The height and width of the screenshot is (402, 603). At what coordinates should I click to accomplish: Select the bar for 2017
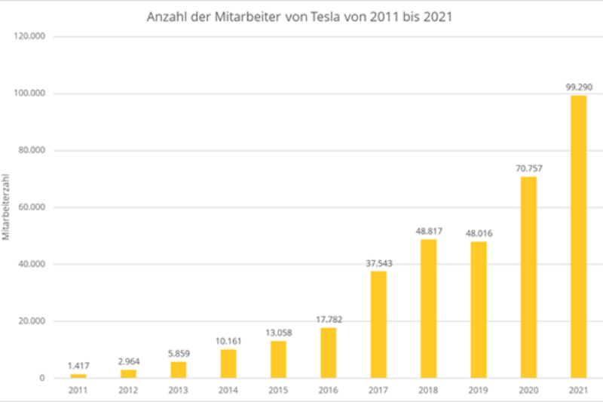pyautogui.click(x=378, y=324)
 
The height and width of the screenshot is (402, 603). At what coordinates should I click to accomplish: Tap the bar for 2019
pyautogui.click(x=478, y=309)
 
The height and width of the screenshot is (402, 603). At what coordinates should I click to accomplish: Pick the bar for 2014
pyautogui.click(x=228, y=364)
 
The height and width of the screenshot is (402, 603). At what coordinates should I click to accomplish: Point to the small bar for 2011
pyautogui.click(x=78, y=376)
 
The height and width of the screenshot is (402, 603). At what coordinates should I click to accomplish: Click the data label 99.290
pyautogui.click(x=578, y=87)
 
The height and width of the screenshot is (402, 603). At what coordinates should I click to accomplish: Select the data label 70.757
pyautogui.click(x=528, y=168)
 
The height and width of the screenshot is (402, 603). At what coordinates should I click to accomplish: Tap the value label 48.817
pyautogui.click(x=428, y=231)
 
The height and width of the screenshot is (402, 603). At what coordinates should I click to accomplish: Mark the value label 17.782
pyautogui.click(x=328, y=320)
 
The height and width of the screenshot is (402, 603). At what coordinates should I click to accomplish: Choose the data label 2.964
pyautogui.click(x=128, y=361)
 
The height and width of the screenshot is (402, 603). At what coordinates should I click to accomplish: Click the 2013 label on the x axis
pyautogui.click(x=178, y=391)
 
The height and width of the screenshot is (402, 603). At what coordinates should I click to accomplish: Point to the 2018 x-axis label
pyautogui.click(x=428, y=391)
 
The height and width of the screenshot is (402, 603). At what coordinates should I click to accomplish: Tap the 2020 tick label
pyautogui.click(x=528, y=391)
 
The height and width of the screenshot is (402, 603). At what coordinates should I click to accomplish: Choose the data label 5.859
pyautogui.click(x=178, y=353)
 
